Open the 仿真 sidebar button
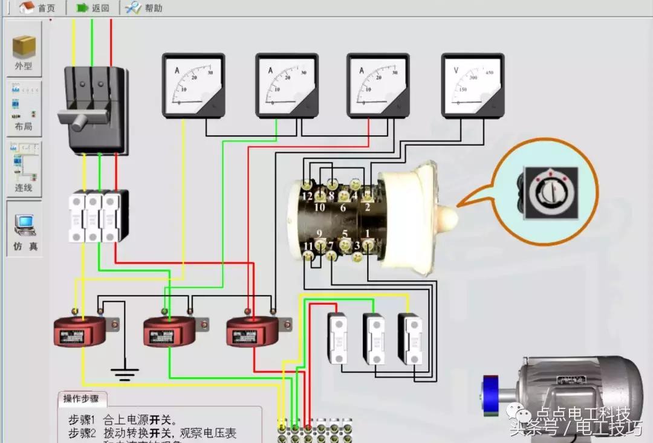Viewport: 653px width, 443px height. click(25, 230)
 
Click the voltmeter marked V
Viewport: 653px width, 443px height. click(472, 85)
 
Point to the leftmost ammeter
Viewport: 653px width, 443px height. click(193, 85)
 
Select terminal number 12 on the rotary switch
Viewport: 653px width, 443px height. click(308, 196)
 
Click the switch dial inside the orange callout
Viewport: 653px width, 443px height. click(550, 193)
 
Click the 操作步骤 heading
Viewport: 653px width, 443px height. click(85, 399)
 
